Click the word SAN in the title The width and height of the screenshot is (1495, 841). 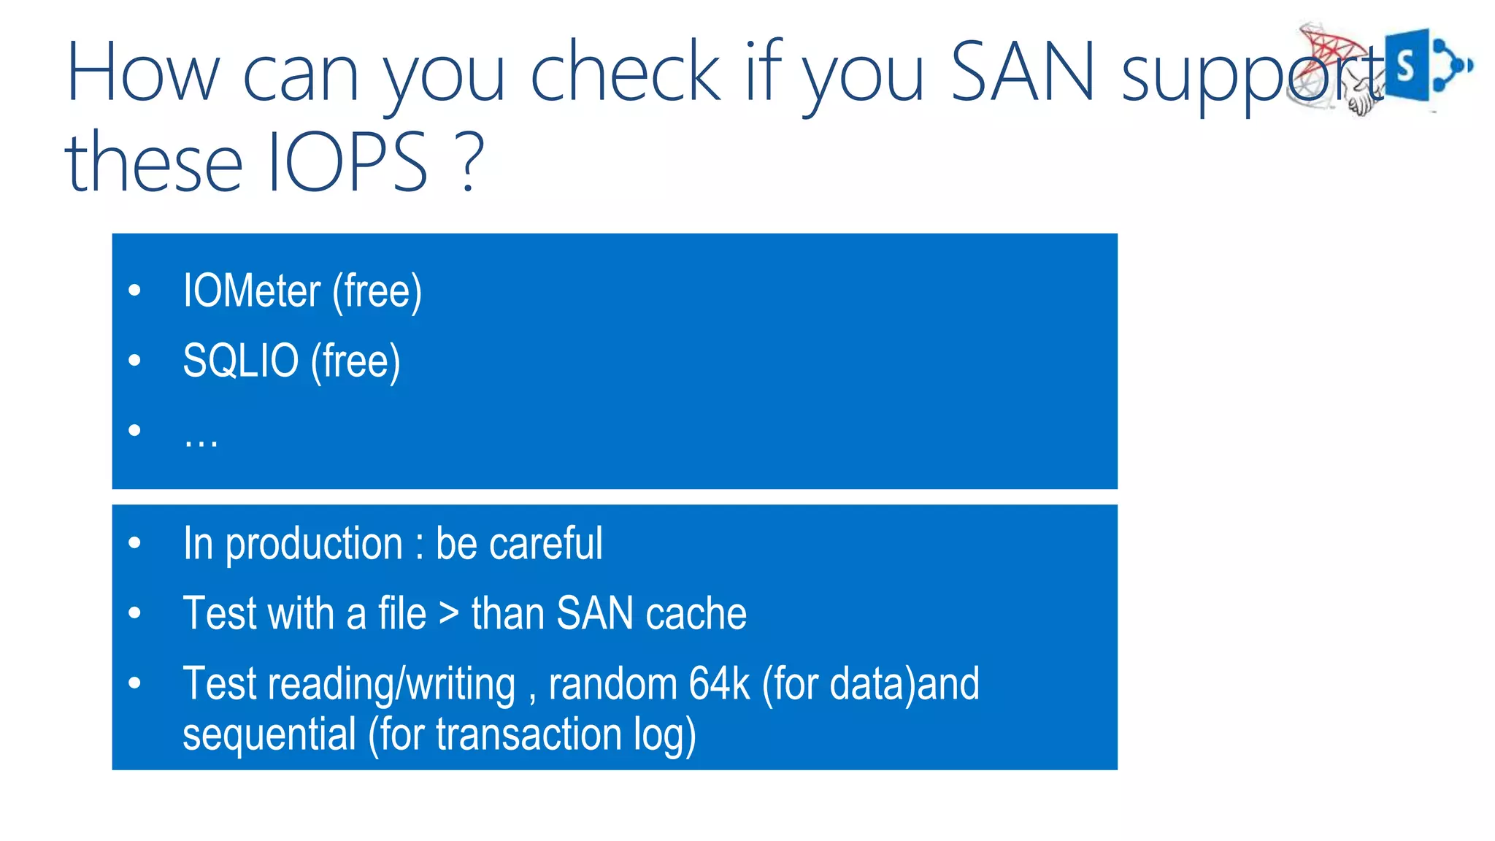[1023, 71]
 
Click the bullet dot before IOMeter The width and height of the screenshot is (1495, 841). [134, 291]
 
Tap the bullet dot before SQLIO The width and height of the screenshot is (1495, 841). [134, 360]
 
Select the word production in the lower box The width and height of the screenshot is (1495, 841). [314, 544]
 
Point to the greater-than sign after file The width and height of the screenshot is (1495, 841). [449, 613]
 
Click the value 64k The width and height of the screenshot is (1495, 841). [719, 684]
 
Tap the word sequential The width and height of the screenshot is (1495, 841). [269, 734]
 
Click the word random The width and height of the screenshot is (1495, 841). [612, 684]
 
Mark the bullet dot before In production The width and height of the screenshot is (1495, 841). [134, 543]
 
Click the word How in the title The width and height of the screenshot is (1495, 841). [143, 71]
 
